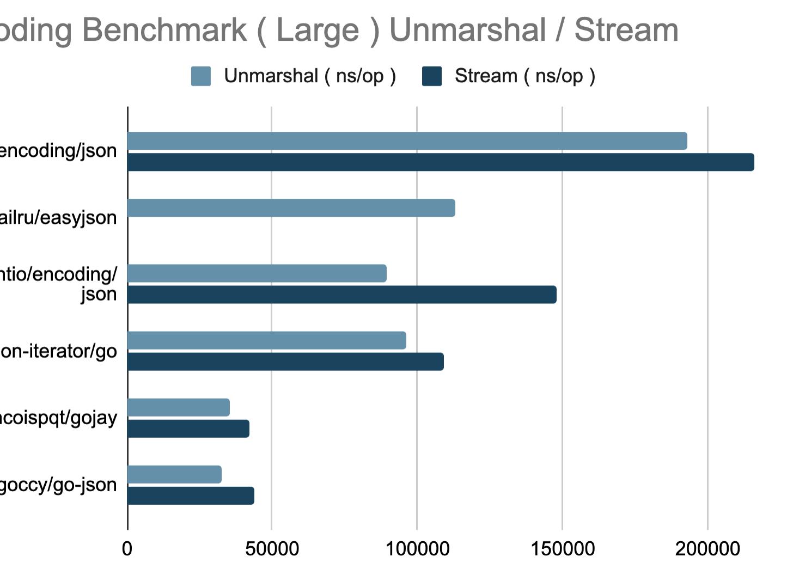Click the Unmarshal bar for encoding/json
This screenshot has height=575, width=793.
coord(407,141)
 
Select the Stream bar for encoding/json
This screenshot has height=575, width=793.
coord(441,162)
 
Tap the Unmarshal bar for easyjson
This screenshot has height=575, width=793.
coord(291,208)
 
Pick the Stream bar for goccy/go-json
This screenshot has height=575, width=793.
coord(191,496)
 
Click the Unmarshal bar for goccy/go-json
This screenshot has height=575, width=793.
coord(174,475)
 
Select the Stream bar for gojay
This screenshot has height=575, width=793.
coord(188,429)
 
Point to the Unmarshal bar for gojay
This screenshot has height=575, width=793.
coord(179,407)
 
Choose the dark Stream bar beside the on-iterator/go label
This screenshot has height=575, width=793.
coord(285,362)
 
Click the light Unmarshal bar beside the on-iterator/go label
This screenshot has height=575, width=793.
coord(267,340)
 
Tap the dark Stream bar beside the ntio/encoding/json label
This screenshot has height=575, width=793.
coord(342,295)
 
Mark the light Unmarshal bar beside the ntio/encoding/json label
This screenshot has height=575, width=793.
coord(257,273)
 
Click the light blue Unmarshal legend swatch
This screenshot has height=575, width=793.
coord(201,76)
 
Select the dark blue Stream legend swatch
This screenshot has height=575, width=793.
coord(432,76)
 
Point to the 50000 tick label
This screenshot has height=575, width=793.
coord(272,549)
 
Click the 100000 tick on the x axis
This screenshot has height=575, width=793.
coord(417,549)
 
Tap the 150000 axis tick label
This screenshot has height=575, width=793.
coord(563,549)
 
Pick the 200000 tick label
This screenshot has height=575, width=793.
coord(707,549)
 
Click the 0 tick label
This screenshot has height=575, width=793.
coord(127,549)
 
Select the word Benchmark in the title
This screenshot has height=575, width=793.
coord(164,30)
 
